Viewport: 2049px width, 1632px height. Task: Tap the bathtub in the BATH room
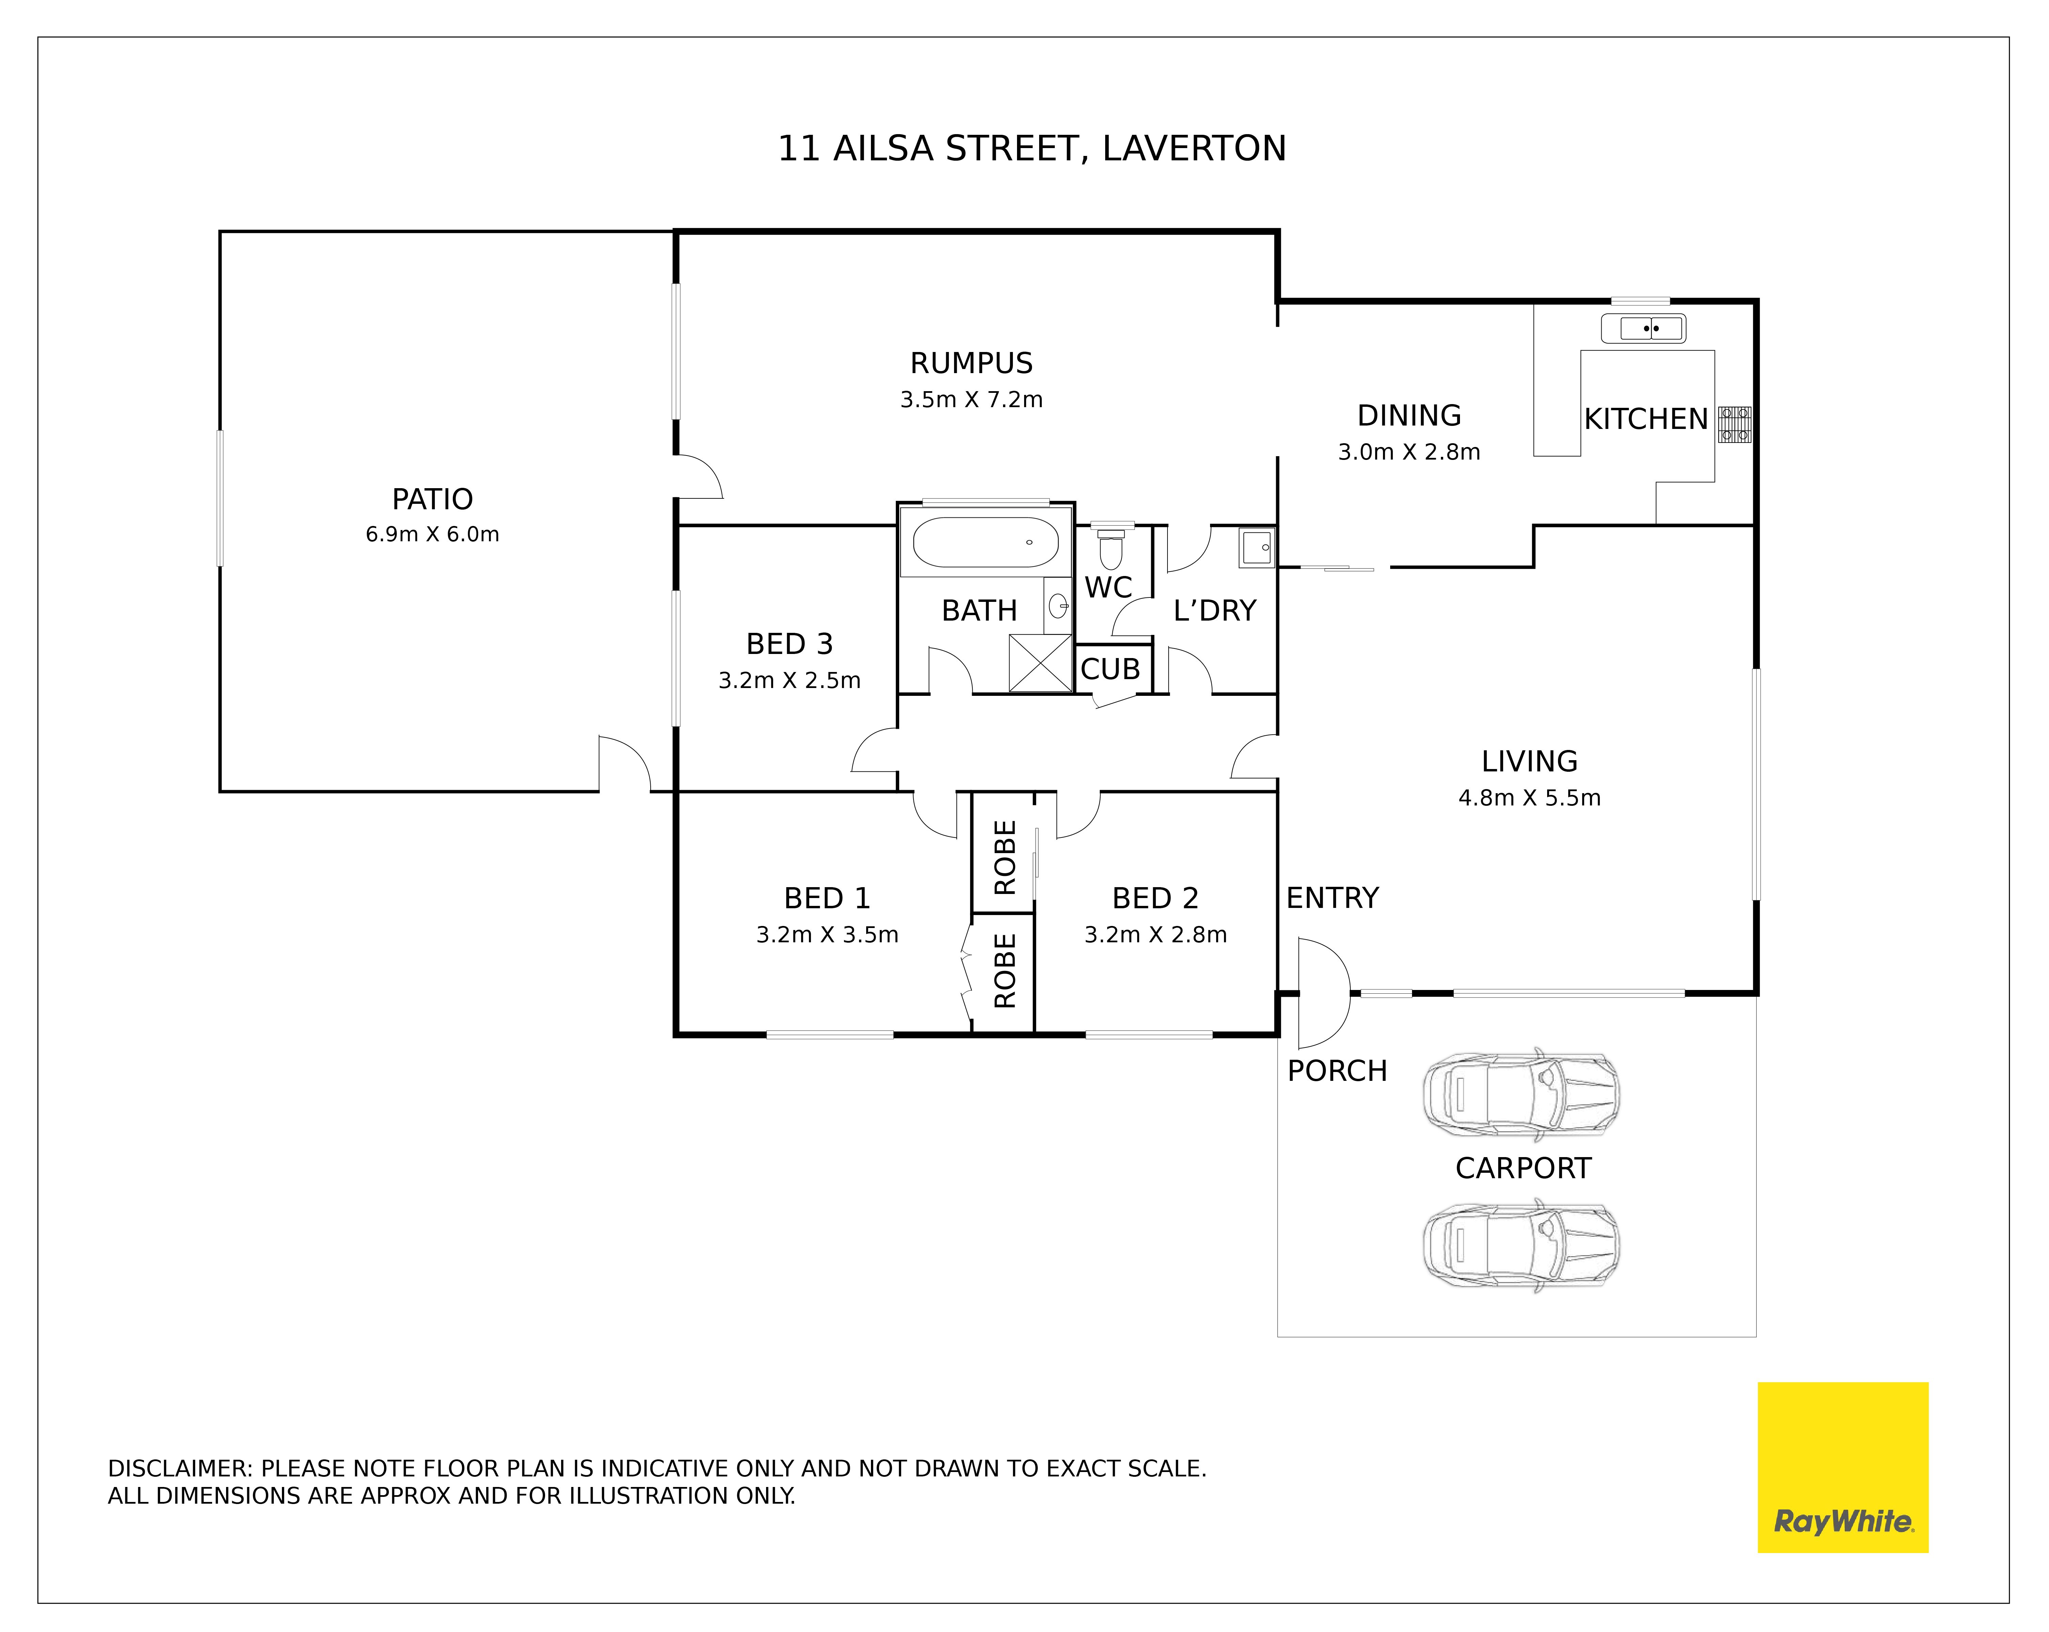(986, 542)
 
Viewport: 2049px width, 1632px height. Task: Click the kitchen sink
(1643, 329)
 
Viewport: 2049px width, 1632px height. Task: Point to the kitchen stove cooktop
(1734, 425)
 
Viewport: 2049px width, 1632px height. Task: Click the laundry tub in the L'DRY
(1256, 547)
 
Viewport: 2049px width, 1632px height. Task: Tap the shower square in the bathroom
(1040, 662)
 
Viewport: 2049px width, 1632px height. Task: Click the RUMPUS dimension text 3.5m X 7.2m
(971, 399)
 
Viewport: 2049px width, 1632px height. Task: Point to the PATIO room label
(432, 499)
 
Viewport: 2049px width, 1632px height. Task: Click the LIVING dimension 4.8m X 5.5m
(1529, 798)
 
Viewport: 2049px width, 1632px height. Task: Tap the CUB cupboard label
(1110, 669)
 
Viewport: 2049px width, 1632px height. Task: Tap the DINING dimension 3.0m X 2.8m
(1409, 451)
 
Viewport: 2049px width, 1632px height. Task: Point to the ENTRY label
(1332, 898)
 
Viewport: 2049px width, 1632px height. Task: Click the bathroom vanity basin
(1058, 605)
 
